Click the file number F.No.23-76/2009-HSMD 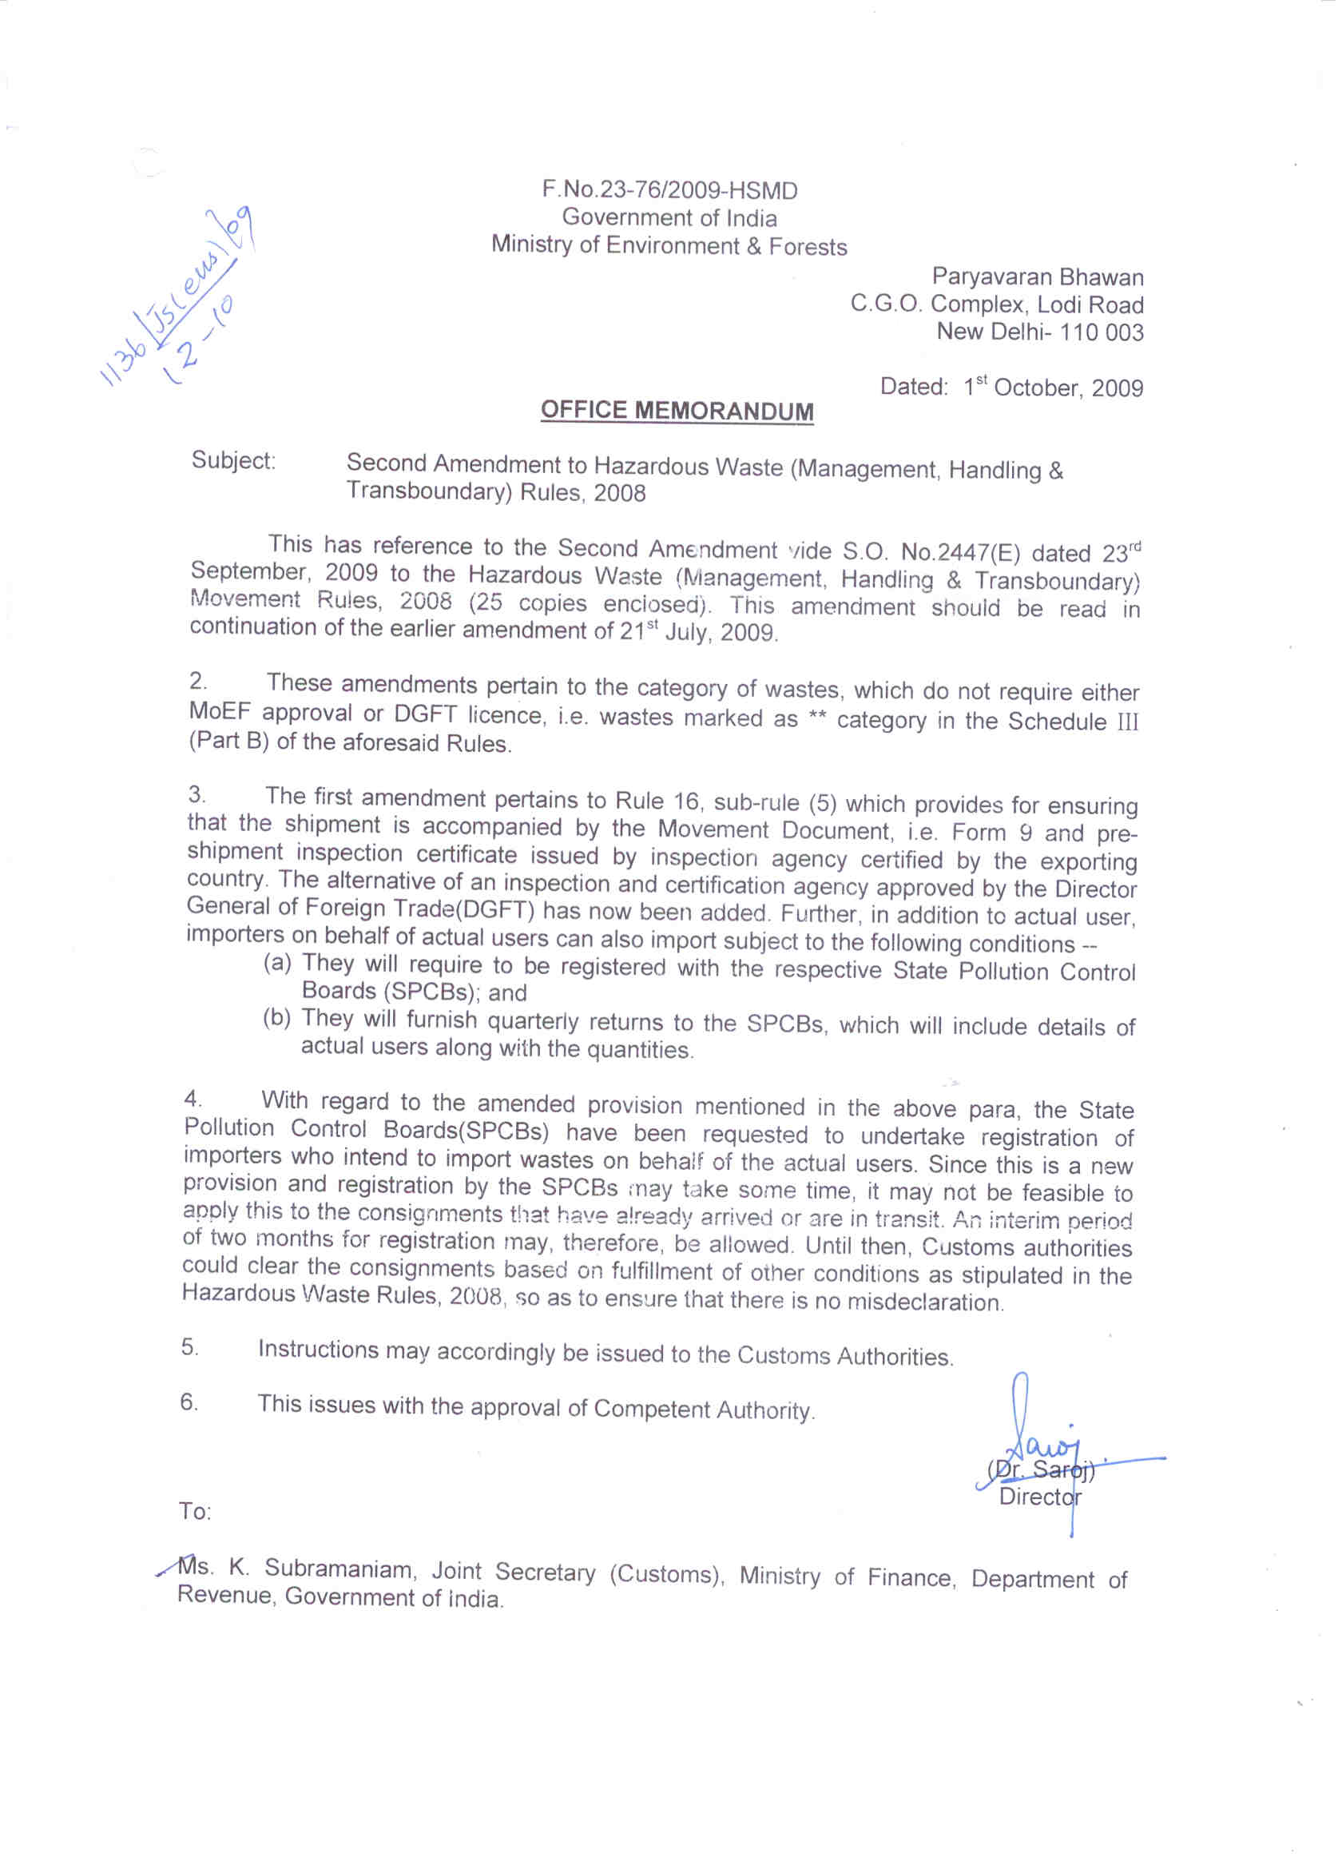click(669, 190)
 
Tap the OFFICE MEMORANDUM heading click(677, 410)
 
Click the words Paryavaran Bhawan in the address click(1037, 277)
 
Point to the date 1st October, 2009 click(1054, 388)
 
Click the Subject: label click(234, 460)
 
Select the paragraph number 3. click(196, 793)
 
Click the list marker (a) click(277, 963)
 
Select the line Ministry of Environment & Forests click(669, 245)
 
